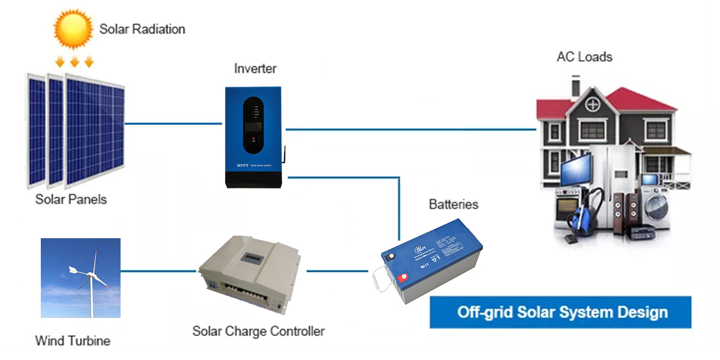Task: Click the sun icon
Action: point(74,28)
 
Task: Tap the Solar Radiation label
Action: point(142,29)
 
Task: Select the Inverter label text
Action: point(255,69)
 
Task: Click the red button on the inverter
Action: point(254,139)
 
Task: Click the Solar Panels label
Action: point(71,199)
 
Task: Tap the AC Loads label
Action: point(584,58)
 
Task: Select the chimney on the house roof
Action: point(575,86)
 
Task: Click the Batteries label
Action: point(454,205)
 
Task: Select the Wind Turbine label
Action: point(73,341)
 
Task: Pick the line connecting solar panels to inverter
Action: point(174,124)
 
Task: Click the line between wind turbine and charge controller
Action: point(159,271)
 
